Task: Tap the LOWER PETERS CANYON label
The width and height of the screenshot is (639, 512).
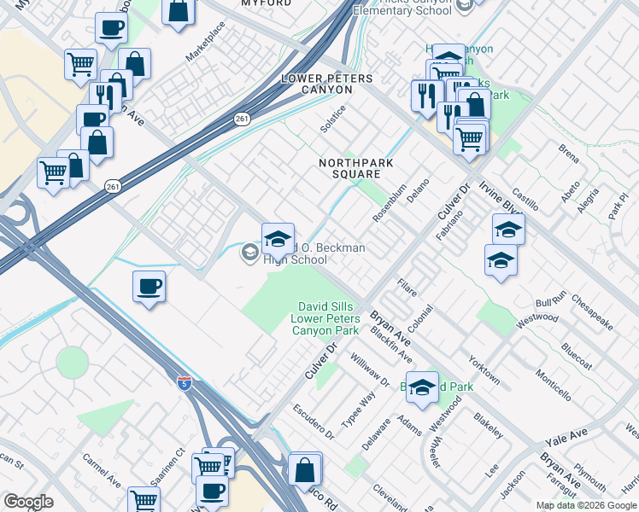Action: [x=327, y=84]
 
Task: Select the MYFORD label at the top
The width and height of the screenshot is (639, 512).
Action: [x=261, y=3]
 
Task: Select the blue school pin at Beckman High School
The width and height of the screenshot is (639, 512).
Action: [x=278, y=237]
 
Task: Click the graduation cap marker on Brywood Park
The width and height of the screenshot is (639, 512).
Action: [x=421, y=387]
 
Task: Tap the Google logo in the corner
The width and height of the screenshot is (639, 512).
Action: [x=28, y=502]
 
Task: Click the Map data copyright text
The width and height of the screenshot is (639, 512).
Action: [x=586, y=505]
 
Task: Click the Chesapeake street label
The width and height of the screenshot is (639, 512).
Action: [x=592, y=313]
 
